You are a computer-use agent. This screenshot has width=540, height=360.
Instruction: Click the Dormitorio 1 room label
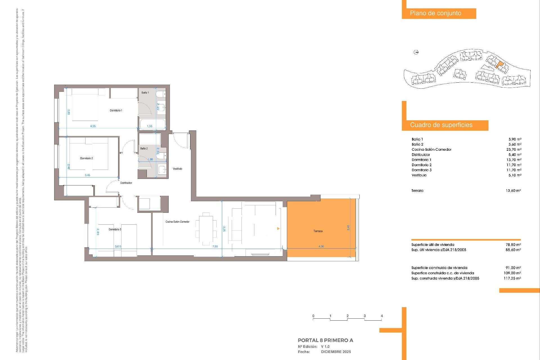[x=116, y=111]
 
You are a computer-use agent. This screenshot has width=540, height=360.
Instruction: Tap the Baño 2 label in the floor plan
[x=144, y=148]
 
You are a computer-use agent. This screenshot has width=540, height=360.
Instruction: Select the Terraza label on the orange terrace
[x=318, y=231]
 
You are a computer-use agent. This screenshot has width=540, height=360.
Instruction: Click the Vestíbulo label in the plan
[x=177, y=169]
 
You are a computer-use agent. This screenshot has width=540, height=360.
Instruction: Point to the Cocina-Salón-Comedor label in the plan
[x=177, y=222]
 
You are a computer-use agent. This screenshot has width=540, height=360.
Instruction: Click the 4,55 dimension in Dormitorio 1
[x=93, y=126]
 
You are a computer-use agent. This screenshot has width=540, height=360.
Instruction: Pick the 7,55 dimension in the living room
[x=215, y=247]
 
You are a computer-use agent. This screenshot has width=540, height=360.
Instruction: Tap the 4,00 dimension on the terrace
[x=321, y=247]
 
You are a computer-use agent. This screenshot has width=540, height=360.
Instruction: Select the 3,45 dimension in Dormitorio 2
[x=87, y=175]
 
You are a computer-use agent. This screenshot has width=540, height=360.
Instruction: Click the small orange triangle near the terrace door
[x=278, y=229]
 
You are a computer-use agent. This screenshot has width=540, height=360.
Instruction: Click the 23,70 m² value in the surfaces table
[x=514, y=150]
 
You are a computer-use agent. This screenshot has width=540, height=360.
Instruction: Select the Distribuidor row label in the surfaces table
[x=420, y=155]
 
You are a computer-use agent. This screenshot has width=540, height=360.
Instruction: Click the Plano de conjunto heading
[x=435, y=13]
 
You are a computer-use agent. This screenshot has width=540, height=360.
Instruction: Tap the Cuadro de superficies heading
[x=441, y=125]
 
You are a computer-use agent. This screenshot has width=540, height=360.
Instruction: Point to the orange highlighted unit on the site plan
[x=499, y=65]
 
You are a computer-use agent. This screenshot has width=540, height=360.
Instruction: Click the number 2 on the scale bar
[x=347, y=316]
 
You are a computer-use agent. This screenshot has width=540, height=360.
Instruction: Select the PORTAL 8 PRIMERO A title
[x=325, y=340]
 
